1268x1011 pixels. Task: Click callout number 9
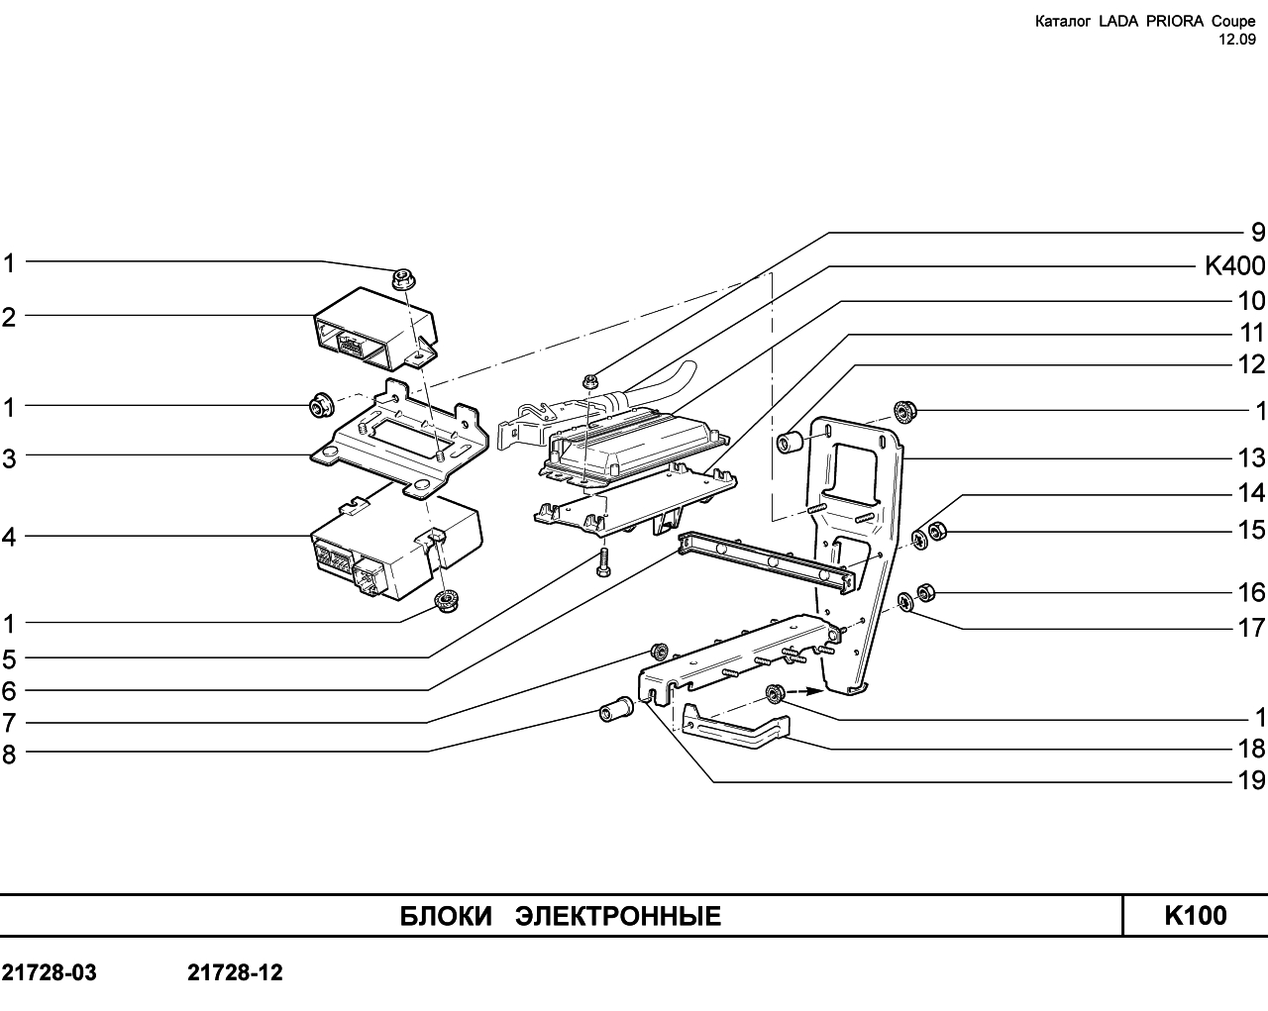pos(1257,233)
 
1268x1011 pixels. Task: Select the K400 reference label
pos(1234,266)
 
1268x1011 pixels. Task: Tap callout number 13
pos(1251,457)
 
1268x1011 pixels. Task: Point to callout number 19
pos(1251,780)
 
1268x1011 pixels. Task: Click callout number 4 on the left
pos(9,537)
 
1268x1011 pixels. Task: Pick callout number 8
pos(9,755)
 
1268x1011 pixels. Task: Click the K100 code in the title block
pos(1196,916)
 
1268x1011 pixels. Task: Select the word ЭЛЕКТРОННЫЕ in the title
pos(618,917)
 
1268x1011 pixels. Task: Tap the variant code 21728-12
pos(235,972)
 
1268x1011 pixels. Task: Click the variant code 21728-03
pos(49,972)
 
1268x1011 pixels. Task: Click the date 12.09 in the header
pos(1236,40)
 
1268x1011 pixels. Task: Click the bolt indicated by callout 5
pos(602,562)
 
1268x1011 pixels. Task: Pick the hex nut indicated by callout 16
pos(925,593)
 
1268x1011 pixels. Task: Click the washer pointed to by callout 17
pos(905,601)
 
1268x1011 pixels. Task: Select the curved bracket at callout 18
pos(735,728)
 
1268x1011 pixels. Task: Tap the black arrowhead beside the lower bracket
pos(814,691)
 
